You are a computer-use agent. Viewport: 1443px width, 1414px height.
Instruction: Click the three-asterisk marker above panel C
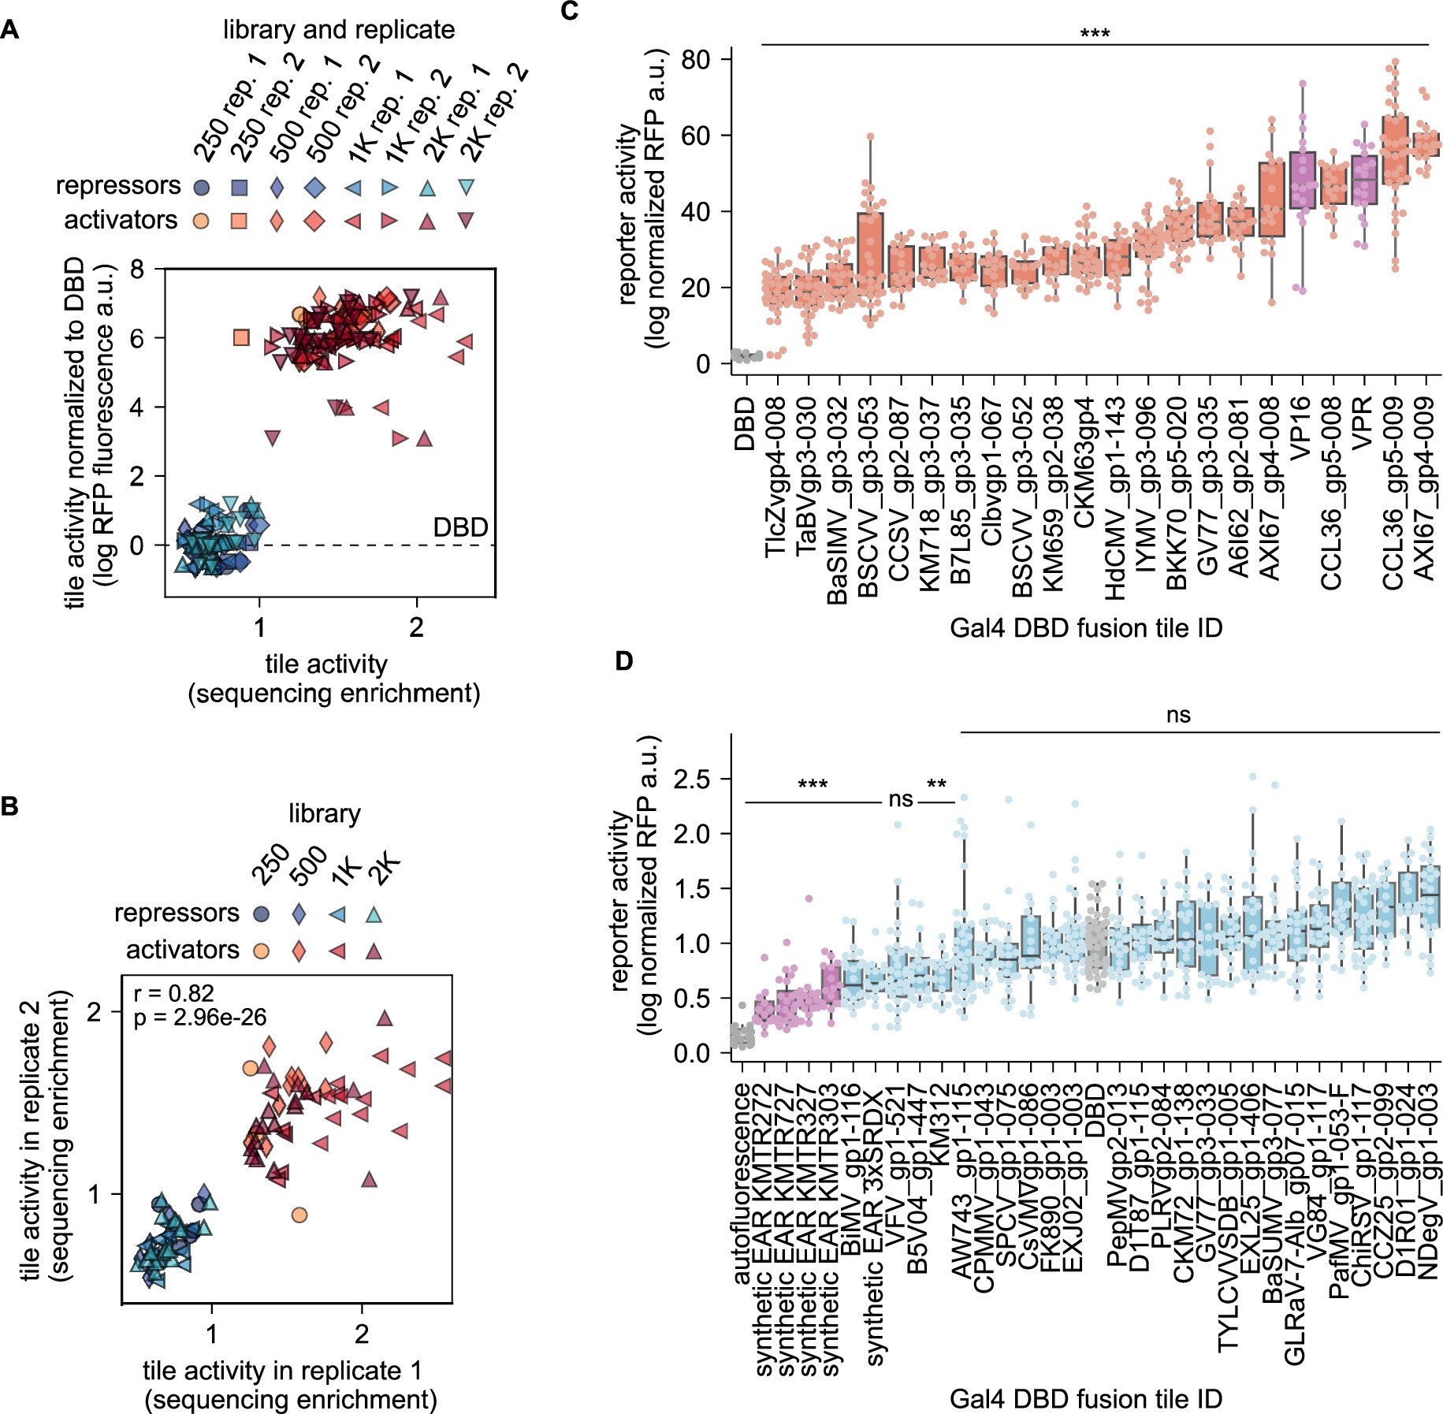tap(1095, 34)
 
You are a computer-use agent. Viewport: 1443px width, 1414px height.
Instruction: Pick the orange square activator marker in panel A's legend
tap(238, 221)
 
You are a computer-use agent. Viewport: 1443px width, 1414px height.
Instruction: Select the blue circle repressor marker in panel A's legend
tap(202, 188)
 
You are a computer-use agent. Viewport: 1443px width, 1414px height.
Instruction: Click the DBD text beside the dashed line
tap(460, 527)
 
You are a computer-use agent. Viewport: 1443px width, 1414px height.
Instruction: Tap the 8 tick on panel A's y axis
tap(138, 270)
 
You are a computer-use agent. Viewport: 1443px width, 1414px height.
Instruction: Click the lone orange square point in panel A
tap(242, 338)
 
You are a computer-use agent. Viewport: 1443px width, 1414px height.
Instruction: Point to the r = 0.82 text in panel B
tap(174, 993)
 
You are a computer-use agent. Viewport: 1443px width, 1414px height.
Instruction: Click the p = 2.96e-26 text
tap(200, 1018)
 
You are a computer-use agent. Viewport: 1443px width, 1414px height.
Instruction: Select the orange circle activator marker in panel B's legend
tap(261, 951)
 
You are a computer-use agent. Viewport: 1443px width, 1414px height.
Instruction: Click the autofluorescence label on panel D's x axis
tap(742, 1182)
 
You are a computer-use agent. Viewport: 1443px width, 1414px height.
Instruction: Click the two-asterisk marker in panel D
tap(936, 785)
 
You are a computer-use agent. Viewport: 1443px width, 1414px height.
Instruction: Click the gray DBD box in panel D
tap(1095, 947)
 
